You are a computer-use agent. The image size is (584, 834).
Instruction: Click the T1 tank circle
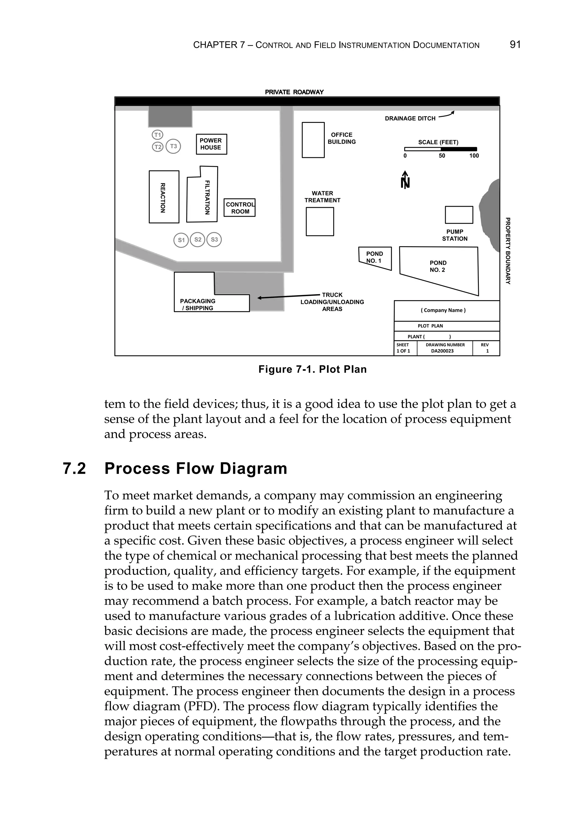pos(157,135)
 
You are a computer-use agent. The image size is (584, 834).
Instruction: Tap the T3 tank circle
pos(173,147)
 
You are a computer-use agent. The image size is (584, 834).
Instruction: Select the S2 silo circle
pos(198,240)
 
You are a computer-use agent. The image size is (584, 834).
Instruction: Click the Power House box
pos(211,144)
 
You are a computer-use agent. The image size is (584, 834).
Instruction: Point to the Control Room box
pos(240,208)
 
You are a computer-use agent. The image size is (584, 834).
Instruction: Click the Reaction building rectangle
pos(164,197)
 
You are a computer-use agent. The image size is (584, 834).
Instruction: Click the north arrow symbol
pos(405,180)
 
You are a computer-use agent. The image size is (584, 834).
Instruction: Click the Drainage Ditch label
pos(410,118)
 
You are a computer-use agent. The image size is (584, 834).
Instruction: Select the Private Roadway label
pos(294,92)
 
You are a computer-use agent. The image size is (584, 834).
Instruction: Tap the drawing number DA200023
pos(442,351)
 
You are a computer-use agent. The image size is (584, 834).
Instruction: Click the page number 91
pos(515,45)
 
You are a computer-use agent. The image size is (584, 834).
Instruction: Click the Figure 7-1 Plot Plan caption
pos(313,369)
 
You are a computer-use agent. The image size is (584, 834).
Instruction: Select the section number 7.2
pos(74,469)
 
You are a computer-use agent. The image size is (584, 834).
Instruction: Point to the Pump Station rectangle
pos(459,215)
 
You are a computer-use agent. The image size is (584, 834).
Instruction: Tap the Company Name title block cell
pos(443,310)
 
